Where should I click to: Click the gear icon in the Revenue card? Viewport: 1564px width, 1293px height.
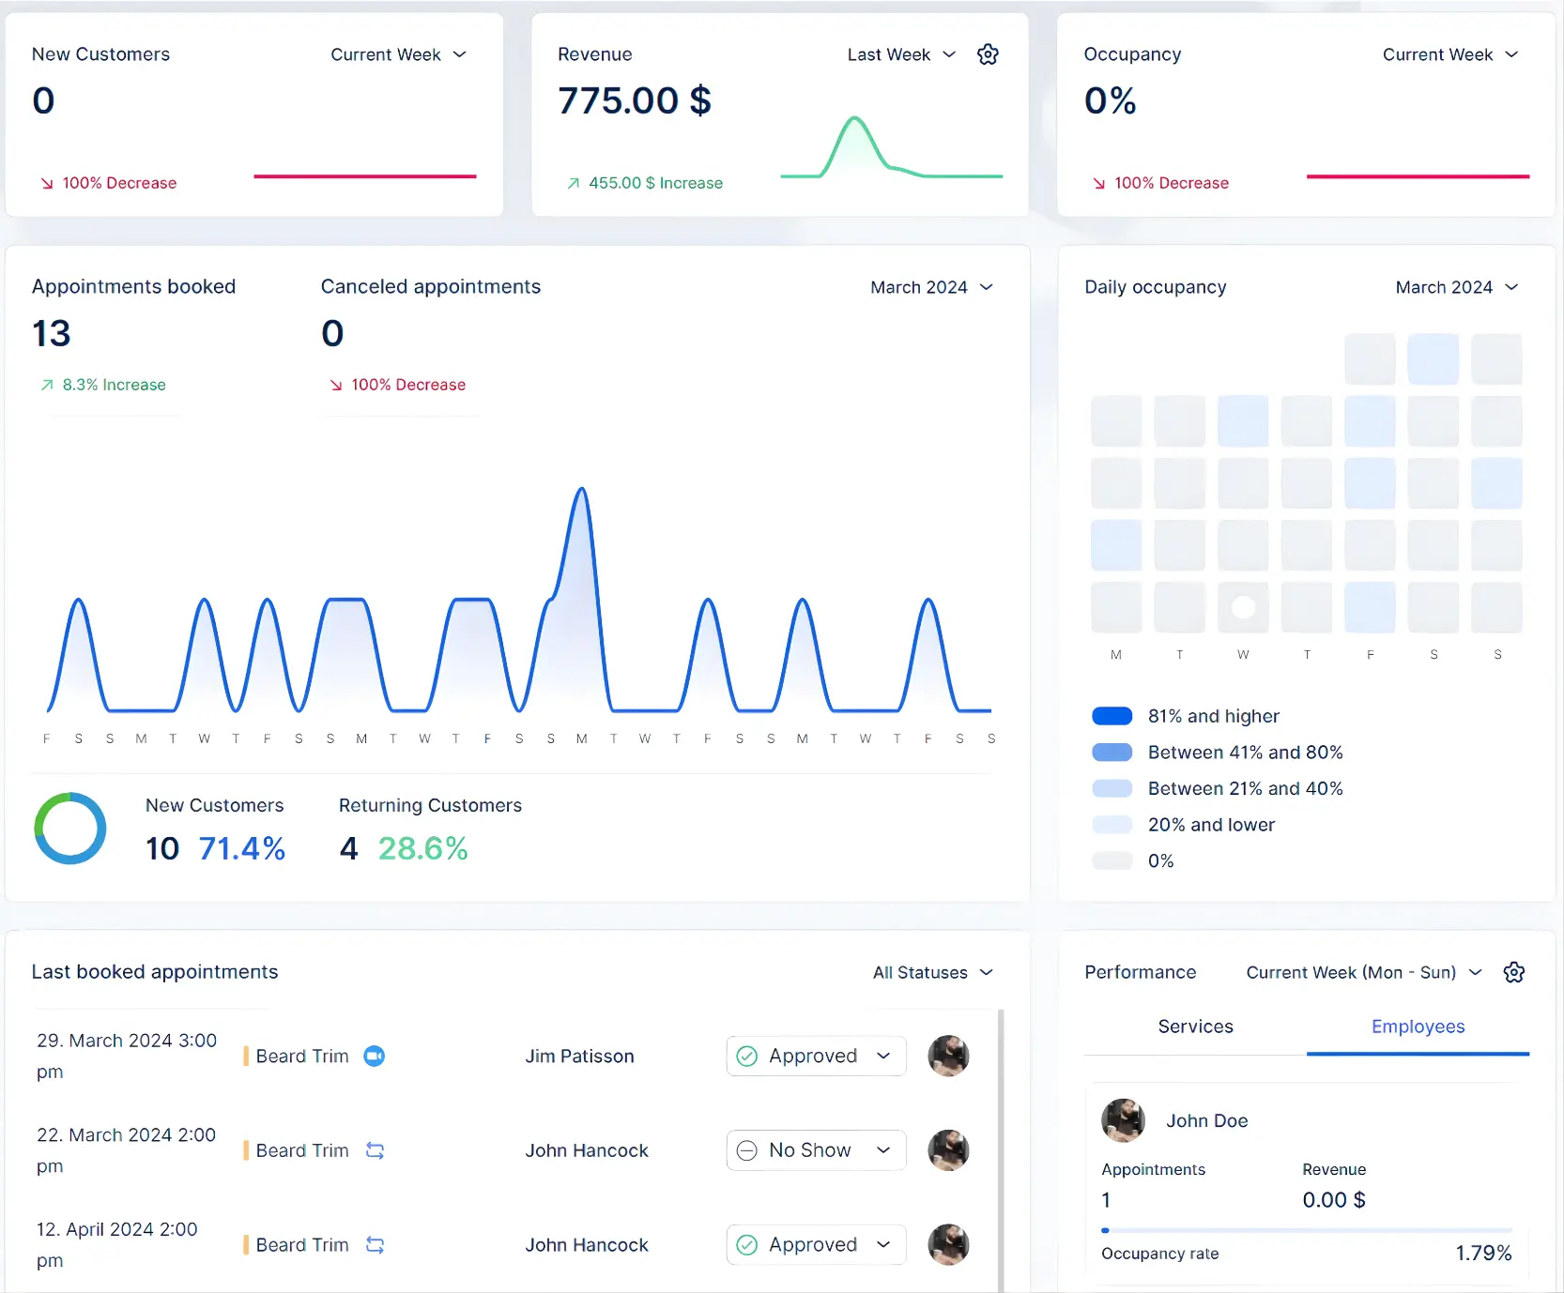988,54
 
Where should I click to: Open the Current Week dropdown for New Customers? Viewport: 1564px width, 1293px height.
398,54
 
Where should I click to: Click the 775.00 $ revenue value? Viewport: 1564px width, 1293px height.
635,100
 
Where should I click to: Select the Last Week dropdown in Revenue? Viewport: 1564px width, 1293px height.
901,54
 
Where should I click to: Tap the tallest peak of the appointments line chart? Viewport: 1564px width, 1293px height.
582,491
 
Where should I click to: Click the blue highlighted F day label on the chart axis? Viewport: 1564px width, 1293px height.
487,738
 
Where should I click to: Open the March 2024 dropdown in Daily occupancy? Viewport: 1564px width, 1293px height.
1456,287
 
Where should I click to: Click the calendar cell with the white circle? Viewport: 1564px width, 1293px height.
1243,607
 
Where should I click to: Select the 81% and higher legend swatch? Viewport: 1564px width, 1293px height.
1112,716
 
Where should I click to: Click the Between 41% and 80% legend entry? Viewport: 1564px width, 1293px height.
1245,753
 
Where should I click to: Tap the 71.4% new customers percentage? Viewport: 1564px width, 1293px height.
242,848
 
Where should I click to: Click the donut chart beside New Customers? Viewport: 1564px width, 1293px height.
70,829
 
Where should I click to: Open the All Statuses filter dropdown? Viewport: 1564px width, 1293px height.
932,972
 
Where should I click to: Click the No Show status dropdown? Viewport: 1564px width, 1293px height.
815,1150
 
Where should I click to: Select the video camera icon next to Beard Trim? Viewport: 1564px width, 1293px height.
375,1056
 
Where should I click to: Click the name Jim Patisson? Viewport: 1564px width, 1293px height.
579,1056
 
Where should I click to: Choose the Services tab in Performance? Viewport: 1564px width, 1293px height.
1195,1027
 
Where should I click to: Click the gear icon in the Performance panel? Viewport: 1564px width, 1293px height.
1513,972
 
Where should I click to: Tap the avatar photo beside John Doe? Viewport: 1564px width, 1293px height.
1123,1120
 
